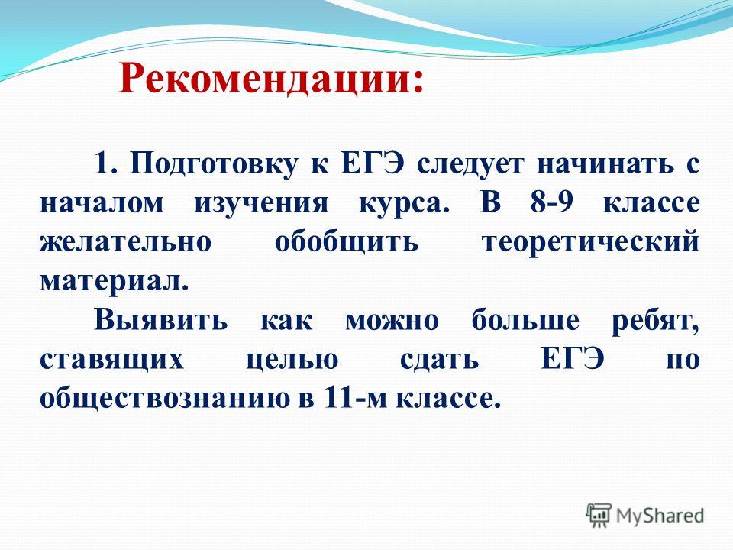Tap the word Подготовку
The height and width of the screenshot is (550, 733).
tap(215, 165)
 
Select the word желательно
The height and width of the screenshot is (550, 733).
tap(126, 242)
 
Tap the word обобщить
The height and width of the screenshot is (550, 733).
tap(347, 242)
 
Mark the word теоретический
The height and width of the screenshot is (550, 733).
tap(591, 242)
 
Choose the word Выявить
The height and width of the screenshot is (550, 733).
tap(161, 320)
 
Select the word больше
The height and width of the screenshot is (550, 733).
tap(525, 319)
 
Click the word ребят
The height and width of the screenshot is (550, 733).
tap(655, 320)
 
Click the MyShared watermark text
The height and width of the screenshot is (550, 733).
tap(660, 516)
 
